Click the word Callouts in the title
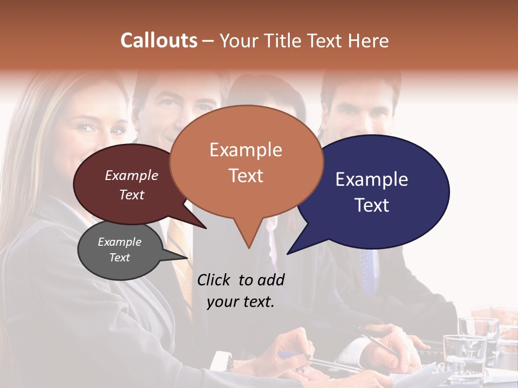[159, 40]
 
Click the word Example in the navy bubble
[372, 179]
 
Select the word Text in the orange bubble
[246, 176]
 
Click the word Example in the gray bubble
[119, 242]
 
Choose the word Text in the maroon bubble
[132, 195]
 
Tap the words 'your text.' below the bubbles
[241, 302]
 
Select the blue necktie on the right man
[367, 269]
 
